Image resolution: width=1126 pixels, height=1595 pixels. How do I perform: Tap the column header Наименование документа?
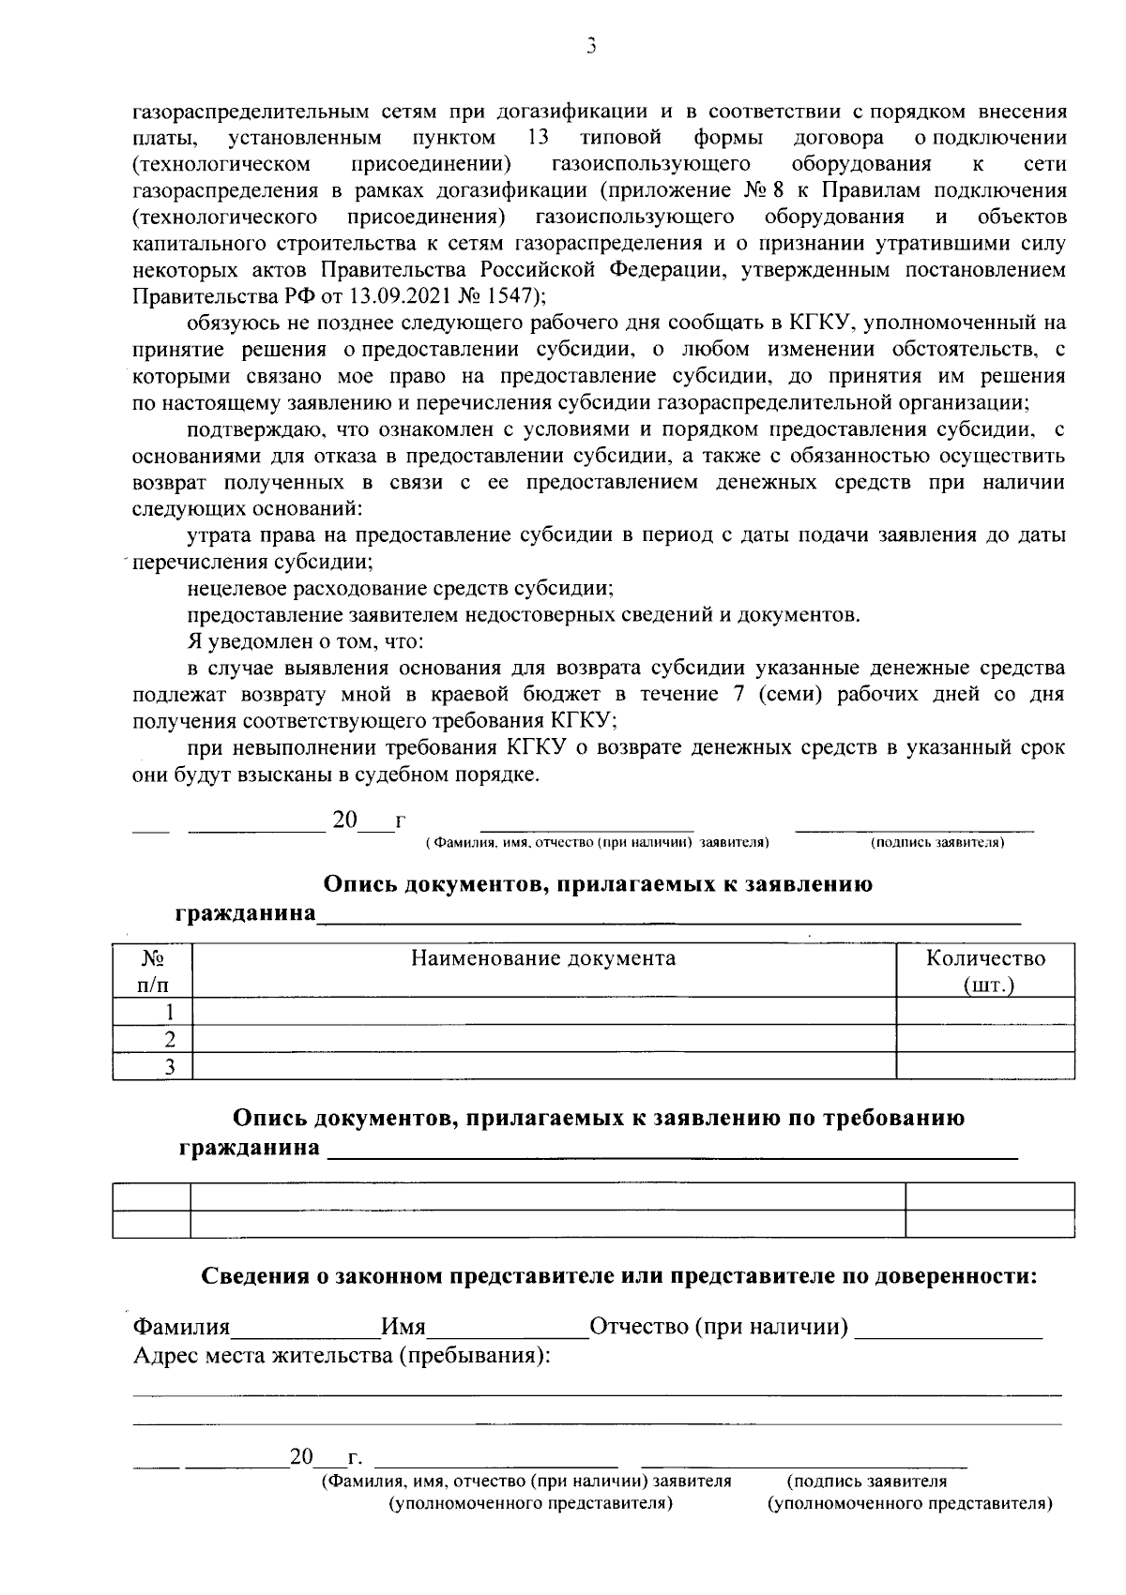[543, 958]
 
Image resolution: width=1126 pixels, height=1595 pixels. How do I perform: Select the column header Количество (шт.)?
[985, 971]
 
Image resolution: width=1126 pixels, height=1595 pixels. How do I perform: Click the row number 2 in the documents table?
[170, 1039]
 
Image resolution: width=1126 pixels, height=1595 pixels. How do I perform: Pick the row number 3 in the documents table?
[170, 1066]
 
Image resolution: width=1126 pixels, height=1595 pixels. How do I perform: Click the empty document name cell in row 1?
[543, 1012]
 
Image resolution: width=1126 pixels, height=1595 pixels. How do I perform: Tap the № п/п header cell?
[152, 971]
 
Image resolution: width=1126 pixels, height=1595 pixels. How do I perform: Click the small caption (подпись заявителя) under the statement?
[937, 843]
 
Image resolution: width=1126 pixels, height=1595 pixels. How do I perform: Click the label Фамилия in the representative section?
[181, 1328]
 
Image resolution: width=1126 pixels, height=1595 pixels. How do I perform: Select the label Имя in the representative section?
[403, 1328]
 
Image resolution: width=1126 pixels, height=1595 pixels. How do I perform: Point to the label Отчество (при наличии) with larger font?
[719, 1328]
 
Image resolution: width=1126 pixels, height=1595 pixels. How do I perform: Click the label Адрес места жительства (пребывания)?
[342, 1356]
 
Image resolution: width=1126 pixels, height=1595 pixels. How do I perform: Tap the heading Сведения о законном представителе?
[619, 1276]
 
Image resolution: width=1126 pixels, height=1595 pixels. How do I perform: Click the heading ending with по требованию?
[599, 1118]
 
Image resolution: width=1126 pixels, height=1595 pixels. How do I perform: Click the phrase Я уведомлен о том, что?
[305, 642]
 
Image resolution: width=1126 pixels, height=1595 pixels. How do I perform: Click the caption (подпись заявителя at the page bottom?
[867, 1482]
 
